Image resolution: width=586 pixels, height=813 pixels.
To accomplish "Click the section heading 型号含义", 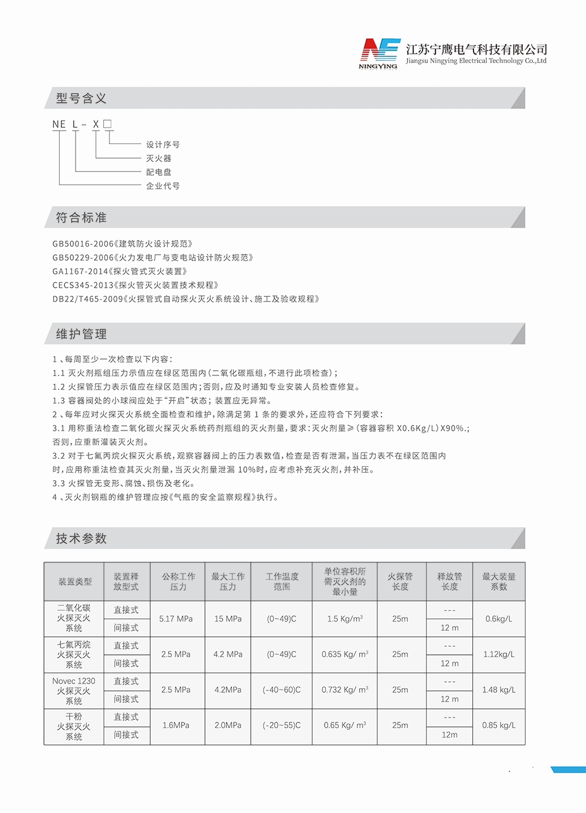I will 81,98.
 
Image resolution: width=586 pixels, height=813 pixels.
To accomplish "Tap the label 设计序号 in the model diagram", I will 163,145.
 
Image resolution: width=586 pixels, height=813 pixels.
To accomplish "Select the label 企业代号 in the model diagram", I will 163,186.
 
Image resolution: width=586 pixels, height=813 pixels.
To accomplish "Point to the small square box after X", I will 107,124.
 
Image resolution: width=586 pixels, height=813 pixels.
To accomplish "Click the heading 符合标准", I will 81,218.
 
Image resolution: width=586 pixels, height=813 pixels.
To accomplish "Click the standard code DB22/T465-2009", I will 87,299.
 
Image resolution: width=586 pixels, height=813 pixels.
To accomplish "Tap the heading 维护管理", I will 81,334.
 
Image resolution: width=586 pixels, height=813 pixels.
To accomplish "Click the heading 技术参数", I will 81,539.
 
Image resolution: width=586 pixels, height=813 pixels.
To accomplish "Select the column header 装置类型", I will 75,582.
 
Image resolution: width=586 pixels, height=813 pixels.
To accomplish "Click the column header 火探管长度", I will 400,582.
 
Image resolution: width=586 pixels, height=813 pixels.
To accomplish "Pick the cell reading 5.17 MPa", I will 176,619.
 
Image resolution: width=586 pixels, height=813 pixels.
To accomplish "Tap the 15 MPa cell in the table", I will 227,619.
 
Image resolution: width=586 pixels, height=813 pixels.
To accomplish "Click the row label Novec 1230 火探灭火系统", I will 74,691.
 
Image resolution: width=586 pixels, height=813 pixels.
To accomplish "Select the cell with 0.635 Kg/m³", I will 345,654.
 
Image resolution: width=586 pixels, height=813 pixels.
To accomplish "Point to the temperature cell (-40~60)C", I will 281,690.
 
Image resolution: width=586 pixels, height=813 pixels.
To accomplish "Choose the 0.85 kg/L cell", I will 499,725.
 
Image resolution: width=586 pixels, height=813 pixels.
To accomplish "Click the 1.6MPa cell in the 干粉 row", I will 176,725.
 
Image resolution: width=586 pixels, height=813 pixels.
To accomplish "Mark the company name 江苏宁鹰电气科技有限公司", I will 476,49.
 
